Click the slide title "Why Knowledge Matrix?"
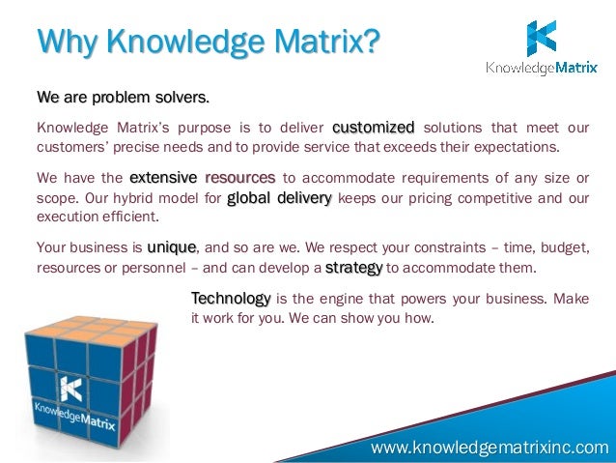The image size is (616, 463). click(x=208, y=43)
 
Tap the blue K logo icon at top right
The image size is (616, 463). click(x=541, y=38)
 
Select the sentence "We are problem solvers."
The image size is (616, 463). click(x=123, y=99)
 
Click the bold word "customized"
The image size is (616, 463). click(x=373, y=128)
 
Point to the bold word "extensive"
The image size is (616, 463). click(x=163, y=178)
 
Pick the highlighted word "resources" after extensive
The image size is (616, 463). click(x=240, y=178)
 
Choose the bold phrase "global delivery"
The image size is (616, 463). click(x=279, y=199)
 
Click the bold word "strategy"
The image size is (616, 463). click(x=353, y=267)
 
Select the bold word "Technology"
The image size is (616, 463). click(x=231, y=297)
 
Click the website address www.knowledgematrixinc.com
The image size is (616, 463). click(x=490, y=447)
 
